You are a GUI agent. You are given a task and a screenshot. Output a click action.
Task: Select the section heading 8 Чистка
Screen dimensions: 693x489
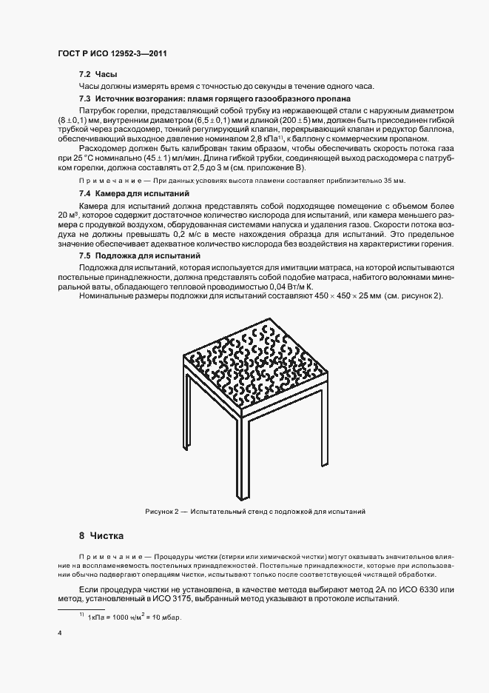click(x=102, y=535)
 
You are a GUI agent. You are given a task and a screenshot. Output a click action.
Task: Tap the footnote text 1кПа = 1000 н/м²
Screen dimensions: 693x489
click(x=135, y=617)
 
